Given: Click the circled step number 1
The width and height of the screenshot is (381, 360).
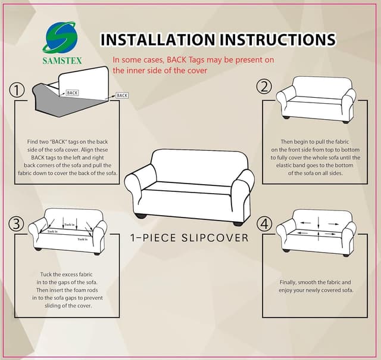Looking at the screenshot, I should point(17,90).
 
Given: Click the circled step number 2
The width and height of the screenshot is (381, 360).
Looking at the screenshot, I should point(264,86).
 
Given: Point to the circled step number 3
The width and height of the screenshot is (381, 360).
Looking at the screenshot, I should point(16,224).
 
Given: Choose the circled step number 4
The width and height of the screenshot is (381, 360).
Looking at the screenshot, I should point(264,224).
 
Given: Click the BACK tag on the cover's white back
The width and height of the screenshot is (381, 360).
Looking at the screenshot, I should point(72,93).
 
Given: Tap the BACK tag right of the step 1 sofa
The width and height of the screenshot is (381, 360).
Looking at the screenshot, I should point(122,95).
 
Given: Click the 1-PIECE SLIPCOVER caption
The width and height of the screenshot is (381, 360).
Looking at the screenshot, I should point(189,238).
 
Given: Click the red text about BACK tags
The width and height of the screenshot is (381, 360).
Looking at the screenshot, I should point(193,65).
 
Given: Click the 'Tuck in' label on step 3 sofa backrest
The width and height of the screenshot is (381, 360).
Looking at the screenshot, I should point(69,225).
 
